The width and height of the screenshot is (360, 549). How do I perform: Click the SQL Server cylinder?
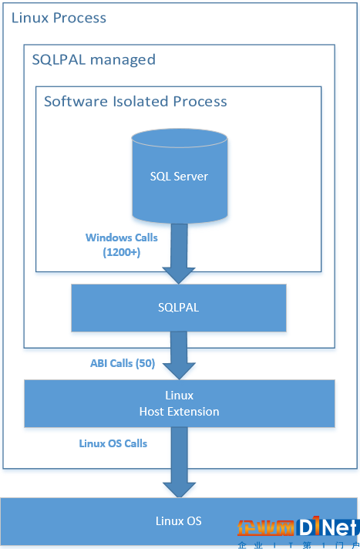pos(180,176)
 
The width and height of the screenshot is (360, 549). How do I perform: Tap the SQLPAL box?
pos(179,308)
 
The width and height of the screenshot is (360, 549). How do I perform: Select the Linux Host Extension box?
pos(180,403)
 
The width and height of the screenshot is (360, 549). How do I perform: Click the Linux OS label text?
pos(179,520)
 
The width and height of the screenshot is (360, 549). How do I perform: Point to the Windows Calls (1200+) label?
pos(122,244)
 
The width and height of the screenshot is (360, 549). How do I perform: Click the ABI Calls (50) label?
pos(123,363)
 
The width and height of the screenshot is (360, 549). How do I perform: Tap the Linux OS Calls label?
pos(113,443)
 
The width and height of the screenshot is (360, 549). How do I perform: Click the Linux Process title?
pos(59,18)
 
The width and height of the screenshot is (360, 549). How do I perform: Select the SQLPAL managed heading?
pos(94,60)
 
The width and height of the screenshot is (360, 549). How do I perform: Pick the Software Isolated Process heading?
pos(136,102)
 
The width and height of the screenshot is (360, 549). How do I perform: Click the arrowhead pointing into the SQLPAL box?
pos(179,275)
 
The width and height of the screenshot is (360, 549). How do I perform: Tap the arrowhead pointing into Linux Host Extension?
pos(179,371)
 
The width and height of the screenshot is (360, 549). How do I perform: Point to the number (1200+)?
pos(122,252)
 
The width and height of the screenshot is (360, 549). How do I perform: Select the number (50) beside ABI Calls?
pos(145,363)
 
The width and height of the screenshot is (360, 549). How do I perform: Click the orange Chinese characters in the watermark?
pos(266,528)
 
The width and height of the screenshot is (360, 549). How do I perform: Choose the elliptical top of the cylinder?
pos(180,138)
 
